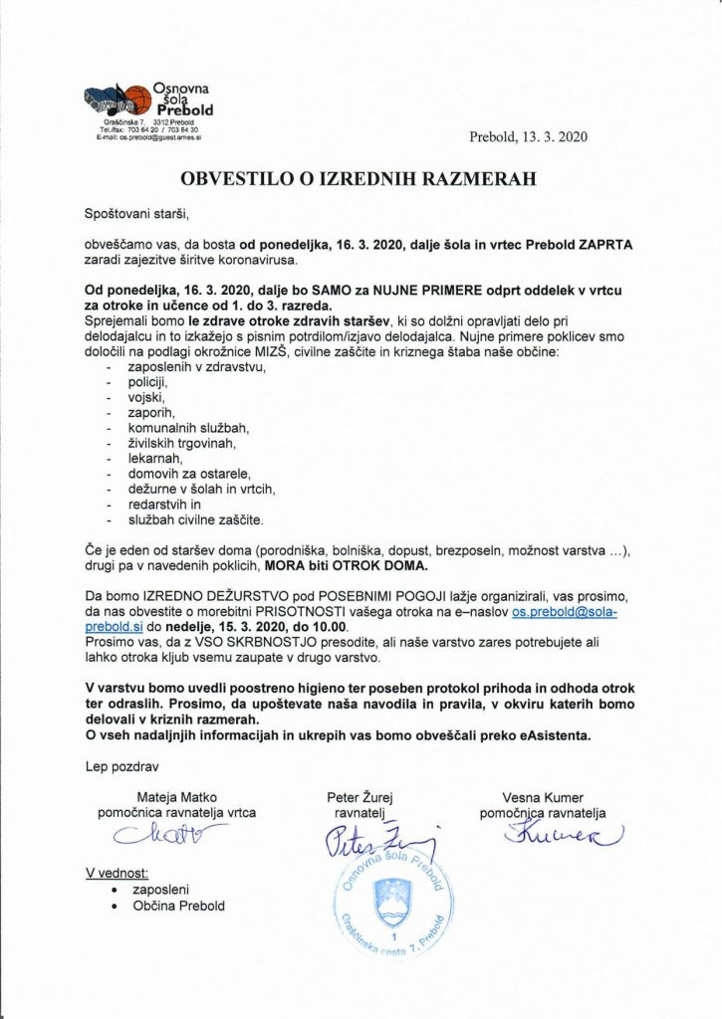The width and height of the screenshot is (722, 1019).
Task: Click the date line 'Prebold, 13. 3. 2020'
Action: tap(528, 138)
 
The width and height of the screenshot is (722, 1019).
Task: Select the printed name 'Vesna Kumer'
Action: tap(543, 797)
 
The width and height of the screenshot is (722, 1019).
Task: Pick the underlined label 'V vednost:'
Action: tap(116, 873)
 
